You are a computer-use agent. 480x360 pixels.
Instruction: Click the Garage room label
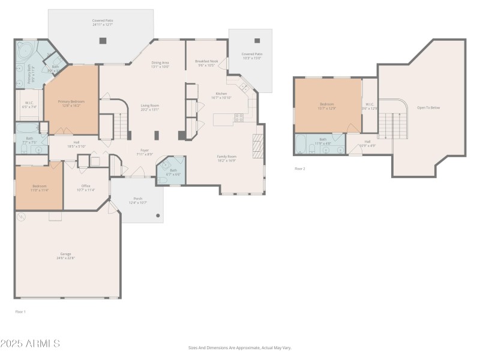67,255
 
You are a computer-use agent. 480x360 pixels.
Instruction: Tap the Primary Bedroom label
71,101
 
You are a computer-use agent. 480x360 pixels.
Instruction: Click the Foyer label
145,151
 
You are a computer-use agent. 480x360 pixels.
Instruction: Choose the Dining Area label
160,62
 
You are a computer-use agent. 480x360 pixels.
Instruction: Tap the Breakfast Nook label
206,61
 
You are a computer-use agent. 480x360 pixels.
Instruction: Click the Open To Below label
428,107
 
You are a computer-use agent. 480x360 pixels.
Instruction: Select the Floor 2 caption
300,169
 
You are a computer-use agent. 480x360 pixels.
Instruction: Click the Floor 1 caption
20,311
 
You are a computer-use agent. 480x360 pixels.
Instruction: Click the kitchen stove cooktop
239,117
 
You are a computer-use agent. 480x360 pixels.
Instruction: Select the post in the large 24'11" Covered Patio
103,41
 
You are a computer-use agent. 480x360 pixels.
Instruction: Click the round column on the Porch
158,215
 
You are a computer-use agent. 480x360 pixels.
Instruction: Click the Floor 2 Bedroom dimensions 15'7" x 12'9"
327,109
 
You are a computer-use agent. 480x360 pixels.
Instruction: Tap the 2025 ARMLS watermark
30,344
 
